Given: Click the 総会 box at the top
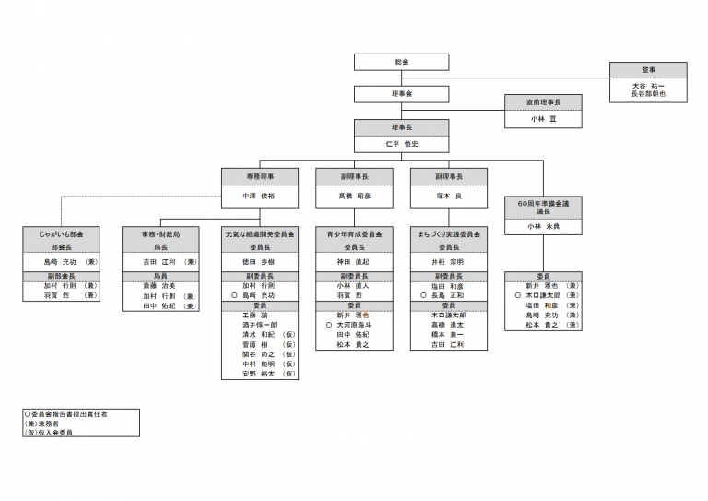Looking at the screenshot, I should tap(401, 62).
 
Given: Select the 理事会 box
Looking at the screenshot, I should tap(401, 93).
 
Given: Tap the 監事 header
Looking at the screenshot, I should tap(648, 70).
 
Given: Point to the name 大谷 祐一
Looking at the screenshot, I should tap(648, 85).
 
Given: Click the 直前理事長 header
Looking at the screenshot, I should tap(543, 102).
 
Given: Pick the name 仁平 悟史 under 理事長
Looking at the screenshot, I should tap(401, 143).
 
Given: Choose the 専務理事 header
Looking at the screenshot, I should tap(259, 175).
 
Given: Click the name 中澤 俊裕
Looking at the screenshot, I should tap(259, 197).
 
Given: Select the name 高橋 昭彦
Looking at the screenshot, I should tap(354, 197).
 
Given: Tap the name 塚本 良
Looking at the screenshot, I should tap(449, 197).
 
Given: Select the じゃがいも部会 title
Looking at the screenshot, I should tap(63, 235).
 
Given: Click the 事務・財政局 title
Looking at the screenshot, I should tap(161, 235).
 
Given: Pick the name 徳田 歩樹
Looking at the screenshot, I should tap(259, 262).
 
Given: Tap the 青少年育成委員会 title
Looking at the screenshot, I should tap(354, 235).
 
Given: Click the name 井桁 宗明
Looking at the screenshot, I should tap(449, 262).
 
